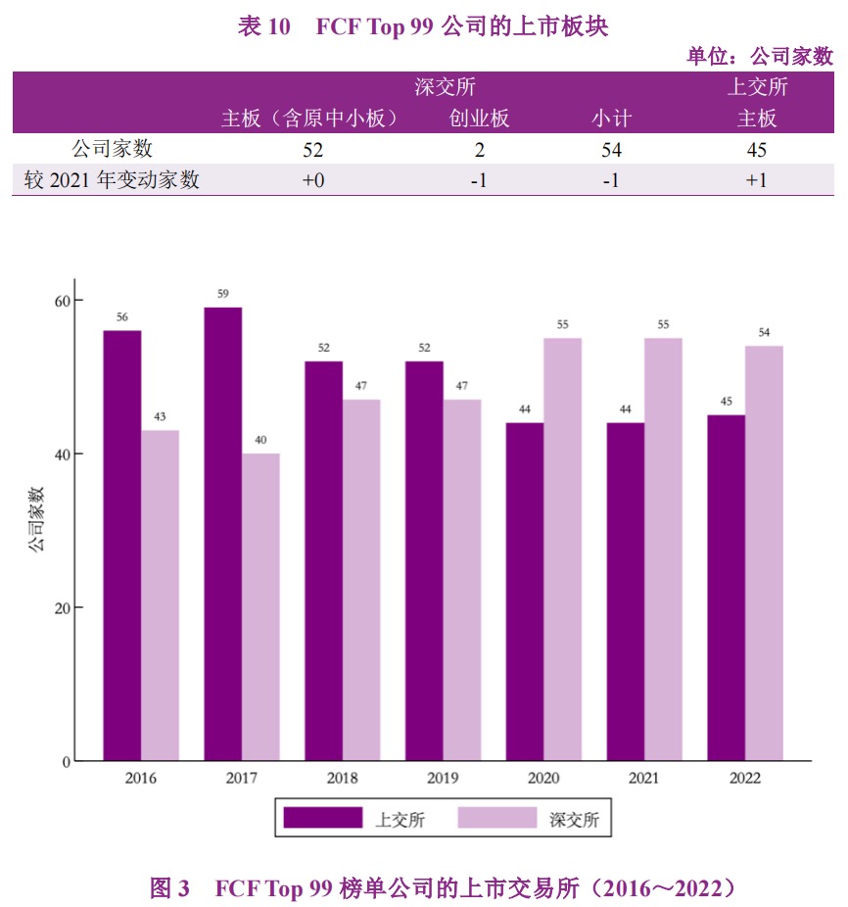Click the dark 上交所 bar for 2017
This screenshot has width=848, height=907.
pyautogui.click(x=222, y=534)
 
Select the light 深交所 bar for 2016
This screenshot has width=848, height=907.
pyautogui.click(x=160, y=596)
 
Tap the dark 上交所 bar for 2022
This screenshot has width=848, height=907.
pyautogui.click(x=726, y=588)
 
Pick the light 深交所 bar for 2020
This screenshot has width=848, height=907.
pyautogui.click(x=562, y=549)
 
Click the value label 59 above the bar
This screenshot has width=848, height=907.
pyautogui.click(x=222, y=294)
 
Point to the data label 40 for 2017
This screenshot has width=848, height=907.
pyautogui.click(x=260, y=440)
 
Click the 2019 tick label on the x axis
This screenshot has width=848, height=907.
pyautogui.click(x=443, y=779)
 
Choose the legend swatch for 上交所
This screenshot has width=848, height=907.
pyautogui.click(x=322, y=818)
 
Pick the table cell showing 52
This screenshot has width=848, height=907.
pyautogui.click(x=312, y=150)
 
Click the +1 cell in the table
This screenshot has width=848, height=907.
pyautogui.click(x=756, y=180)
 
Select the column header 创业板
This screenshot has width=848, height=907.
pyautogui.click(x=479, y=119)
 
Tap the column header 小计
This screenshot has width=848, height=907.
pyautogui.click(x=611, y=119)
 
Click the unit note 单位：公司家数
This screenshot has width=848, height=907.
pyautogui.click(x=760, y=56)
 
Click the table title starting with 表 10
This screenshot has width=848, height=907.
pyautogui.click(x=423, y=26)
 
